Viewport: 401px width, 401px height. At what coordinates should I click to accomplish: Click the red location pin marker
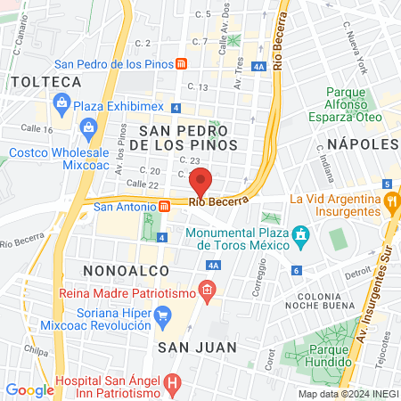point(201,182)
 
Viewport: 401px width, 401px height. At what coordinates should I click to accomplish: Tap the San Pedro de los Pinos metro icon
point(181,64)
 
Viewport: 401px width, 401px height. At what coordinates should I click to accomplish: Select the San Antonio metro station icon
point(164,206)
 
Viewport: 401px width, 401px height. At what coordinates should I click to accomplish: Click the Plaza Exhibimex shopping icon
point(61,104)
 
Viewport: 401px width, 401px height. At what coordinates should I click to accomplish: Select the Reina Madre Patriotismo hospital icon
point(207,290)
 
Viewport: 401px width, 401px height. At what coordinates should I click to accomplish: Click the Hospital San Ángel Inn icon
point(173,386)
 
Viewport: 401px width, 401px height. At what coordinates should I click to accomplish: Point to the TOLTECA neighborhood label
point(45,82)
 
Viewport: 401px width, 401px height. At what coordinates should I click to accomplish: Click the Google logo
point(29,389)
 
